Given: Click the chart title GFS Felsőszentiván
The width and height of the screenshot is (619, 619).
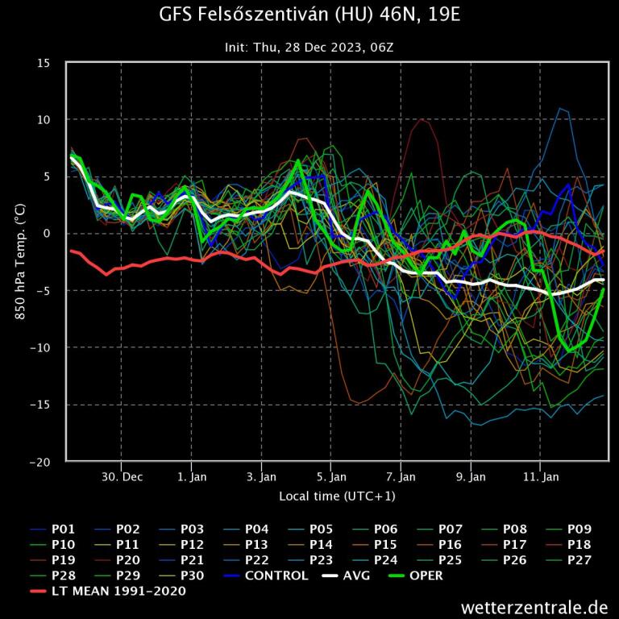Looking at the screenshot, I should [309, 15].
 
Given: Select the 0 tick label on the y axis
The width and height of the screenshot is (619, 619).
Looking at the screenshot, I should [48, 234].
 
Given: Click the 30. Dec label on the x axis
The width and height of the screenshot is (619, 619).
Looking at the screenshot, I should [122, 476].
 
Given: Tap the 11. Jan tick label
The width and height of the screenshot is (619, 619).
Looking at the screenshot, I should [541, 476].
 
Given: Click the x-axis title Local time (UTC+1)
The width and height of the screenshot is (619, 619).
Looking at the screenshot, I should [337, 496].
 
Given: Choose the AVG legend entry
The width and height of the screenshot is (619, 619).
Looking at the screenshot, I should [352, 575].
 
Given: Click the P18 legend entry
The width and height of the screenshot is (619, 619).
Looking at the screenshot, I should [579, 545].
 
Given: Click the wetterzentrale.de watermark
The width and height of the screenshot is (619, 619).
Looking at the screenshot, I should [534, 606].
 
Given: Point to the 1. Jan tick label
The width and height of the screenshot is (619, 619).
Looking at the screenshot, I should [192, 476].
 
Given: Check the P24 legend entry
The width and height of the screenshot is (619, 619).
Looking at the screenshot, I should [385, 560].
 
